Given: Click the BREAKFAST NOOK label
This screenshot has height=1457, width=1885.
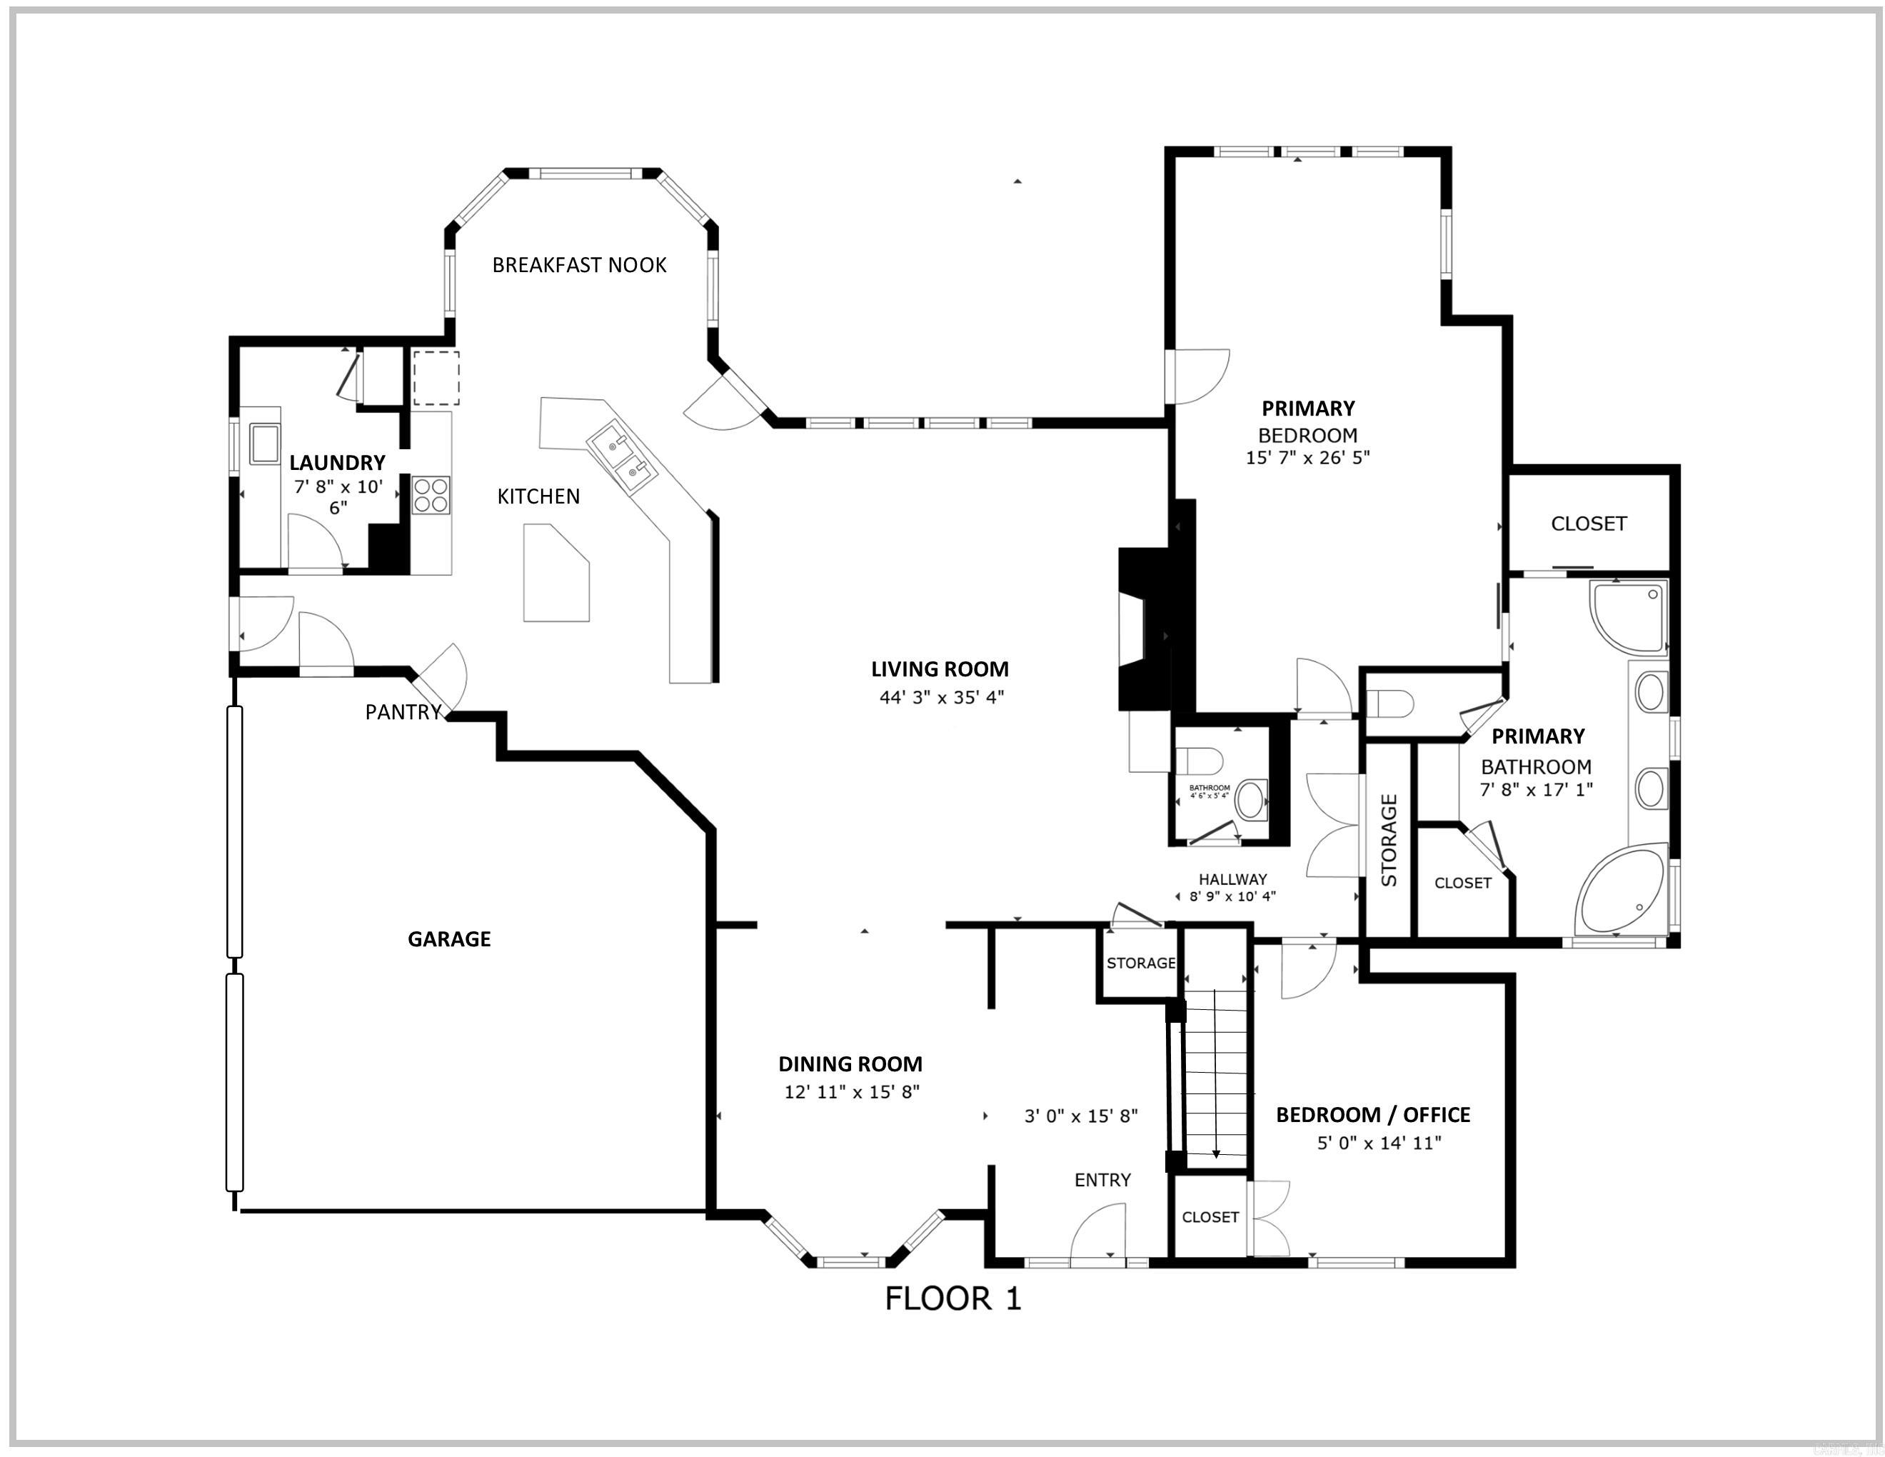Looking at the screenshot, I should [579, 265].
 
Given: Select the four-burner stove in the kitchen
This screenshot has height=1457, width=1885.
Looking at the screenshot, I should [431, 496].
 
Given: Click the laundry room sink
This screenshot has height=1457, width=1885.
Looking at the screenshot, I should [263, 444].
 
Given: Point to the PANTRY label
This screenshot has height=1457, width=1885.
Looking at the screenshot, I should [403, 712].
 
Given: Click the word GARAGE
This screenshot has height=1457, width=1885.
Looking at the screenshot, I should [449, 939].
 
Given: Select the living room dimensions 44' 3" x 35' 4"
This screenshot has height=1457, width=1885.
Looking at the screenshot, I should [942, 697].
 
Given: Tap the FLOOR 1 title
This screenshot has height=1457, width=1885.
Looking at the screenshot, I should [953, 1299].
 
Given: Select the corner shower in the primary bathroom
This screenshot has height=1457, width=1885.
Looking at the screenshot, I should [1628, 616].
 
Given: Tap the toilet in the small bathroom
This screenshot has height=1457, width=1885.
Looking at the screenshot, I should [1200, 761].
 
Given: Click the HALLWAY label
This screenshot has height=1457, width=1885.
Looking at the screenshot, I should [1232, 879].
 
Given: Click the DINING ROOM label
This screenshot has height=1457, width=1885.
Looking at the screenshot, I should [850, 1064].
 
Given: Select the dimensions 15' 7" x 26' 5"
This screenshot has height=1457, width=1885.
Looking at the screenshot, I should [1307, 458].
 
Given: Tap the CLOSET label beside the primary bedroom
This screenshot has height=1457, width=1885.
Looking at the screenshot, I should [1588, 524].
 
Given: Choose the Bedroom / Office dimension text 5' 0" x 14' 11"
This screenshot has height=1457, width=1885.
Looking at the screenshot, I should [1378, 1143].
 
